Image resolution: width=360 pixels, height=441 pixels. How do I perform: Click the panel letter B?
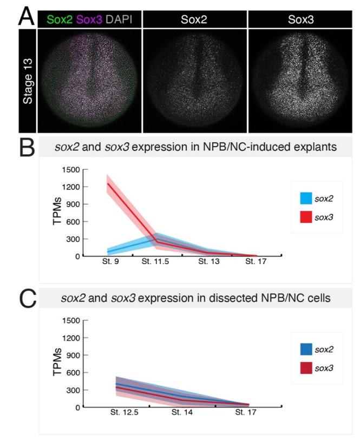(x=26, y=148)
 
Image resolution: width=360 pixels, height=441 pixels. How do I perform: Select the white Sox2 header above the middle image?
(x=194, y=20)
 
